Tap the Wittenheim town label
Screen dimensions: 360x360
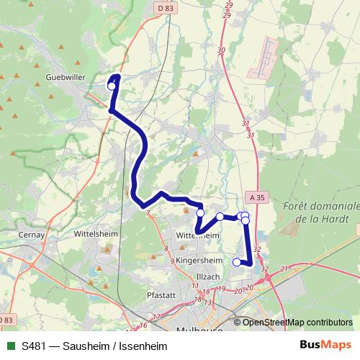pyautogui.click(x=197, y=235)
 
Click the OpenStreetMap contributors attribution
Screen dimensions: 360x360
pyautogui.click(x=297, y=322)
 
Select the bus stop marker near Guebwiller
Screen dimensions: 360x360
pyautogui.click(x=112, y=86)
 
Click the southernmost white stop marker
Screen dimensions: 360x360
pyautogui.click(x=237, y=262)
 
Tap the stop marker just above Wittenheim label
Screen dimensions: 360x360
pyautogui.click(x=200, y=212)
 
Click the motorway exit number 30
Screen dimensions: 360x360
pyautogui.click(x=221, y=50)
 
